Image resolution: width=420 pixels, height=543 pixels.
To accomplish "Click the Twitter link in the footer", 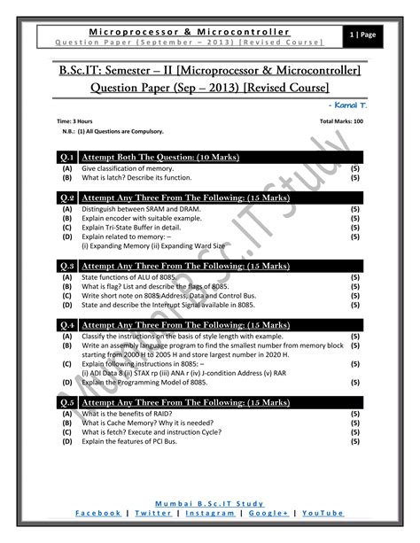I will pos(154,512).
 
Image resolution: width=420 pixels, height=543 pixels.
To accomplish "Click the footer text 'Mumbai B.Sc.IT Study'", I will pos(210,502).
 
